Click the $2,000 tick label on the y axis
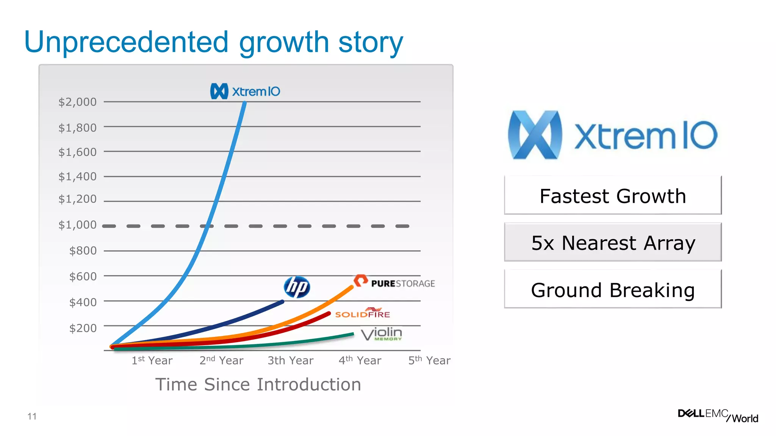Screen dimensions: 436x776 click(x=77, y=102)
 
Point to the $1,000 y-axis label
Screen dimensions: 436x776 click(x=77, y=225)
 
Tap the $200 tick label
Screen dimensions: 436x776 click(x=83, y=328)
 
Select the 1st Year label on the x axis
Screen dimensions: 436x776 click(x=152, y=360)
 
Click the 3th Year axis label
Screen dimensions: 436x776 click(x=291, y=360)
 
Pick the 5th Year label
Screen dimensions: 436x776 click(x=429, y=360)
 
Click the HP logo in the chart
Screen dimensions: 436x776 click(x=297, y=287)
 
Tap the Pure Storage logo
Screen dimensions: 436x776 click(x=394, y=282)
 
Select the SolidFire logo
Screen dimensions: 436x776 click(x=363, y=313)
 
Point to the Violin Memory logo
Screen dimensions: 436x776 click(x=382, y=334)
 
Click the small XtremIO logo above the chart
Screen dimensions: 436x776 click(x=245, y=91)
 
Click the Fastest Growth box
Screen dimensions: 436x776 click(x=613, y=196)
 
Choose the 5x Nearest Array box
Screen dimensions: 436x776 click(x=613, y=243)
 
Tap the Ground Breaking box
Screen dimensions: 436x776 click(x=613, y=290)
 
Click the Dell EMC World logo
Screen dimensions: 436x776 click(x=718, y=415)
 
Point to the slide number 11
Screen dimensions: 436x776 click(x=32, y=416)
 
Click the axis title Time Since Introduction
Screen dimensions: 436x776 click(x=258, y=385)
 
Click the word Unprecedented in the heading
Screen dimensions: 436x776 click(x=127, y=42)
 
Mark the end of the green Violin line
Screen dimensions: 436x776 click(x=353, y=334)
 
